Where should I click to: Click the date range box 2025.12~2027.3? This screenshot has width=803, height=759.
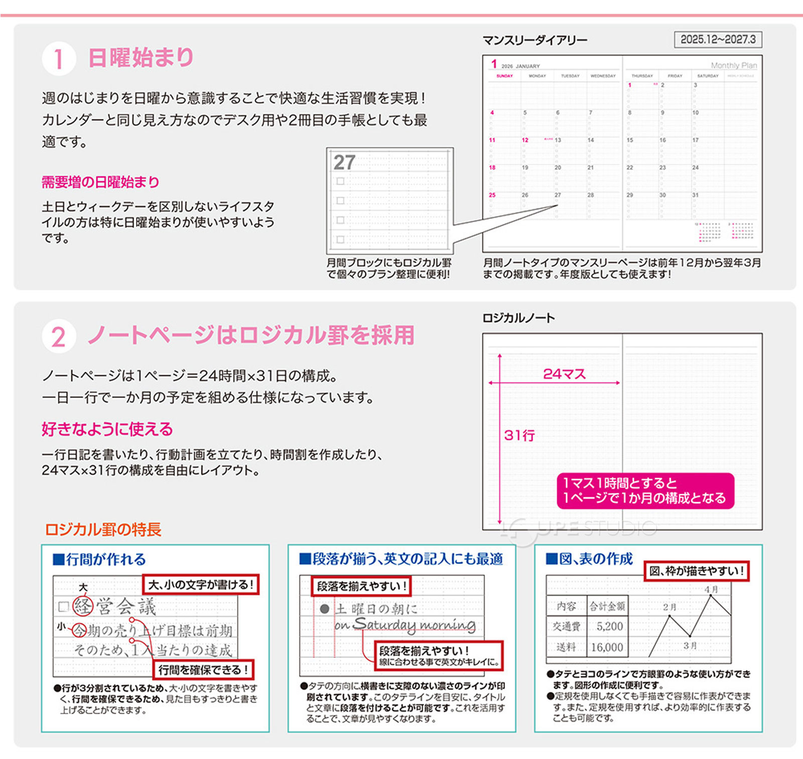(x=718, y=39)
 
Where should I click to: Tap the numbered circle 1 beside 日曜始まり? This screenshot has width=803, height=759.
(x=59, y=59)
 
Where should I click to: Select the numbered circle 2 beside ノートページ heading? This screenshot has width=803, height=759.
(x=59, y=337)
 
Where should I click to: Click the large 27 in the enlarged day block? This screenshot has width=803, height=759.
(x=344, y=163)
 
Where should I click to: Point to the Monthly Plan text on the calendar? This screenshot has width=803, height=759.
(x=734, y=65)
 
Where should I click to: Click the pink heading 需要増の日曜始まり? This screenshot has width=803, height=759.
(x=100, y=182)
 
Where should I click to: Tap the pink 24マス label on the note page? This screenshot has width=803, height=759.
(x=564, y=374)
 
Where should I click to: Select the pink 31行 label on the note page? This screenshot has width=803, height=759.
(x=519, y=435)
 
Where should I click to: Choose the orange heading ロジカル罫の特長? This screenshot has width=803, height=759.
(x=103, y=529)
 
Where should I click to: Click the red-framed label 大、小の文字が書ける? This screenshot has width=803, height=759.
(x=201, y=584)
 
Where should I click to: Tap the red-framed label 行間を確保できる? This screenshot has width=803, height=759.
(x=203, y=670)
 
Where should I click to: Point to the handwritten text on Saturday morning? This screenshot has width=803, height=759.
(x=406, y=625)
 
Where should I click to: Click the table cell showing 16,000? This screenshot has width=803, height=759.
(x=607, y=647)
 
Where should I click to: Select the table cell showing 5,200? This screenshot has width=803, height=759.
(x=609, y=626)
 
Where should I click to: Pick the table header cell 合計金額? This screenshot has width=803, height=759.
(x=607, y=606)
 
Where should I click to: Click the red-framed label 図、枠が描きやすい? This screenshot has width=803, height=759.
(x=697, y=571)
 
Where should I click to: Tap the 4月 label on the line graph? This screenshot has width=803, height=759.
(x=711, y=589)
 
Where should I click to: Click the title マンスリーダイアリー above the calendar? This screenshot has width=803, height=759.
(x=534, y=40)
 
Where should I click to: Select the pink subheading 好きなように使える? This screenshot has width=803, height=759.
(x=107, y=429)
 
